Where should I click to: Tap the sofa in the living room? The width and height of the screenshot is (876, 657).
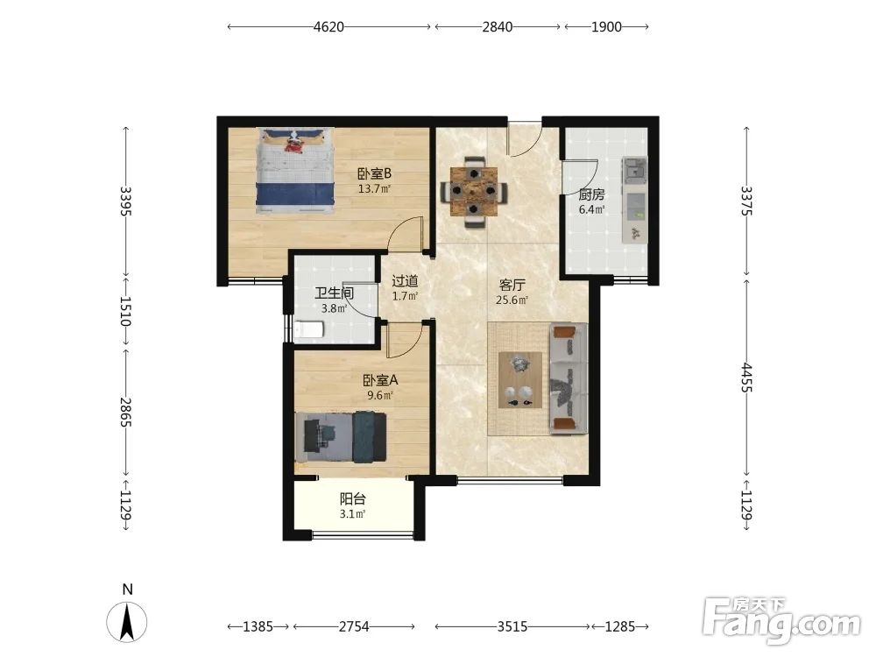[569, 378]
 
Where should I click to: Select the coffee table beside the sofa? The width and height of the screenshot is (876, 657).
[520, 380]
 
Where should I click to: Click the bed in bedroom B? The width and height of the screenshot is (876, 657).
[295, 171]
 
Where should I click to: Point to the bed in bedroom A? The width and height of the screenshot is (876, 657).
[341, 437]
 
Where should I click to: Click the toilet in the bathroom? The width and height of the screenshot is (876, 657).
[309, 329]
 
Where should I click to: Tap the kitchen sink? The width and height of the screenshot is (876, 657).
[634, 170]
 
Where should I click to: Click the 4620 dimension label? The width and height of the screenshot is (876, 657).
[328, 27]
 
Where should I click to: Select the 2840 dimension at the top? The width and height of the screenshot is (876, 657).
[498, 27]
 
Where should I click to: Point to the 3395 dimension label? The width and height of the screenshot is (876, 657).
[125, 201]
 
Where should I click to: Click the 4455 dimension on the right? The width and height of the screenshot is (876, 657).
[746, 378]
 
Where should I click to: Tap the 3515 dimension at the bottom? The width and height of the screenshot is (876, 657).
[512, 627]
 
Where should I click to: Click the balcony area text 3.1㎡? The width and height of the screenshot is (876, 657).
[352, 514]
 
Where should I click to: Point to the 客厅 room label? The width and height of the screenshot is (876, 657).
[512, 285]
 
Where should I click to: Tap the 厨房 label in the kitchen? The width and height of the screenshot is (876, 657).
[591, 194]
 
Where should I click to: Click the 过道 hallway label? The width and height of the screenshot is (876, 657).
[405, 281]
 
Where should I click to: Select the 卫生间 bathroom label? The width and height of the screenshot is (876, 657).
[334, 293]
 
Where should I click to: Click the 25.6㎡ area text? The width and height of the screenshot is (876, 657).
[512, 300]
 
